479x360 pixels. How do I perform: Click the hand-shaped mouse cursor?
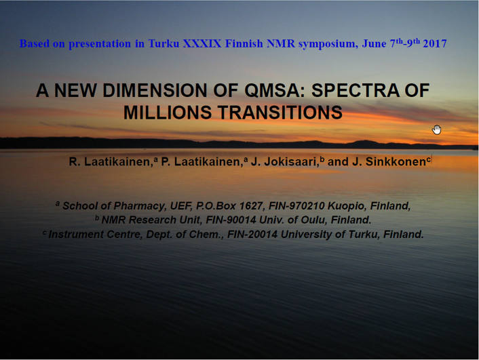[436, 129]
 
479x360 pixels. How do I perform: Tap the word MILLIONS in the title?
[168, 113]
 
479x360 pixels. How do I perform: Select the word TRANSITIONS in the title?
[280, 113]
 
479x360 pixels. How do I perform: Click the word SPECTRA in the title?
[356, 90]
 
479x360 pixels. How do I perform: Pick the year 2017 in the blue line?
[435, 43]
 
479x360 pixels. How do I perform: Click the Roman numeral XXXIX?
[202, 43]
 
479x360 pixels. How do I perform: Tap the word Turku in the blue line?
[164, 43]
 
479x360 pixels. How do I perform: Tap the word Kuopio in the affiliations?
[347, 206]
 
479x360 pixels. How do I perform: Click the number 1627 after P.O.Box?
[251, 206]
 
